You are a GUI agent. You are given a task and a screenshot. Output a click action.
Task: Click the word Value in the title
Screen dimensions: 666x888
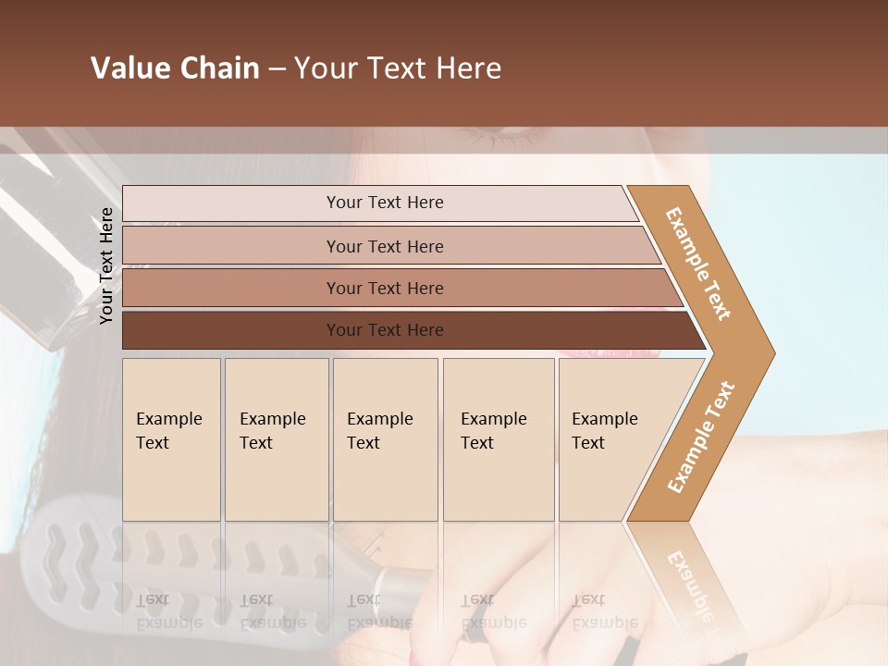click(129, 68)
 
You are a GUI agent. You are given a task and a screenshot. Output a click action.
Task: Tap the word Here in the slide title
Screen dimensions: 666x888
click(467, 68)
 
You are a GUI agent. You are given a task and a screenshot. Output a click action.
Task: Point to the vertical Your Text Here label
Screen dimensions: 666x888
click(106, 265)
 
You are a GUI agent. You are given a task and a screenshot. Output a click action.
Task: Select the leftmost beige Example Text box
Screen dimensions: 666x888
click(171, 439)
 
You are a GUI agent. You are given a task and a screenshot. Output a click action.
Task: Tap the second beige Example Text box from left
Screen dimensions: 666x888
click(276, 439)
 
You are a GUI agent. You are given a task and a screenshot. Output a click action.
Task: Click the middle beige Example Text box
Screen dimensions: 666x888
click(385, 439)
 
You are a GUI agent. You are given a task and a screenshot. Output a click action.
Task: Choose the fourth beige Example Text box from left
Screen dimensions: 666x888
click(498, 439)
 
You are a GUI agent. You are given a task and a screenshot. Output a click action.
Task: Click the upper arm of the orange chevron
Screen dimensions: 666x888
click(698, 265)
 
